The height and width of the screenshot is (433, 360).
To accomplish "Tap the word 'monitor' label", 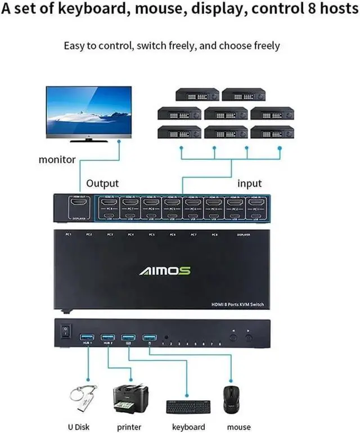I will [x=57, y=159].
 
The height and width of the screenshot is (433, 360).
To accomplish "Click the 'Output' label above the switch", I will [x=102, y=183].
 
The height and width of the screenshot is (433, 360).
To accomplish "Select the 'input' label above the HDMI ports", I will [x=249, y=183].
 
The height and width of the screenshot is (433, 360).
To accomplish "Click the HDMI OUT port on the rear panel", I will [x=75, y=203].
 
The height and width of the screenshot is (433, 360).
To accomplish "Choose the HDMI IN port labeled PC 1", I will [x=256, y=203].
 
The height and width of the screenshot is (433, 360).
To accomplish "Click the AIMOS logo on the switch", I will [x=165, y=271].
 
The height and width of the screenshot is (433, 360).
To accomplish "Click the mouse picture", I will [x=231, y=399].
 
